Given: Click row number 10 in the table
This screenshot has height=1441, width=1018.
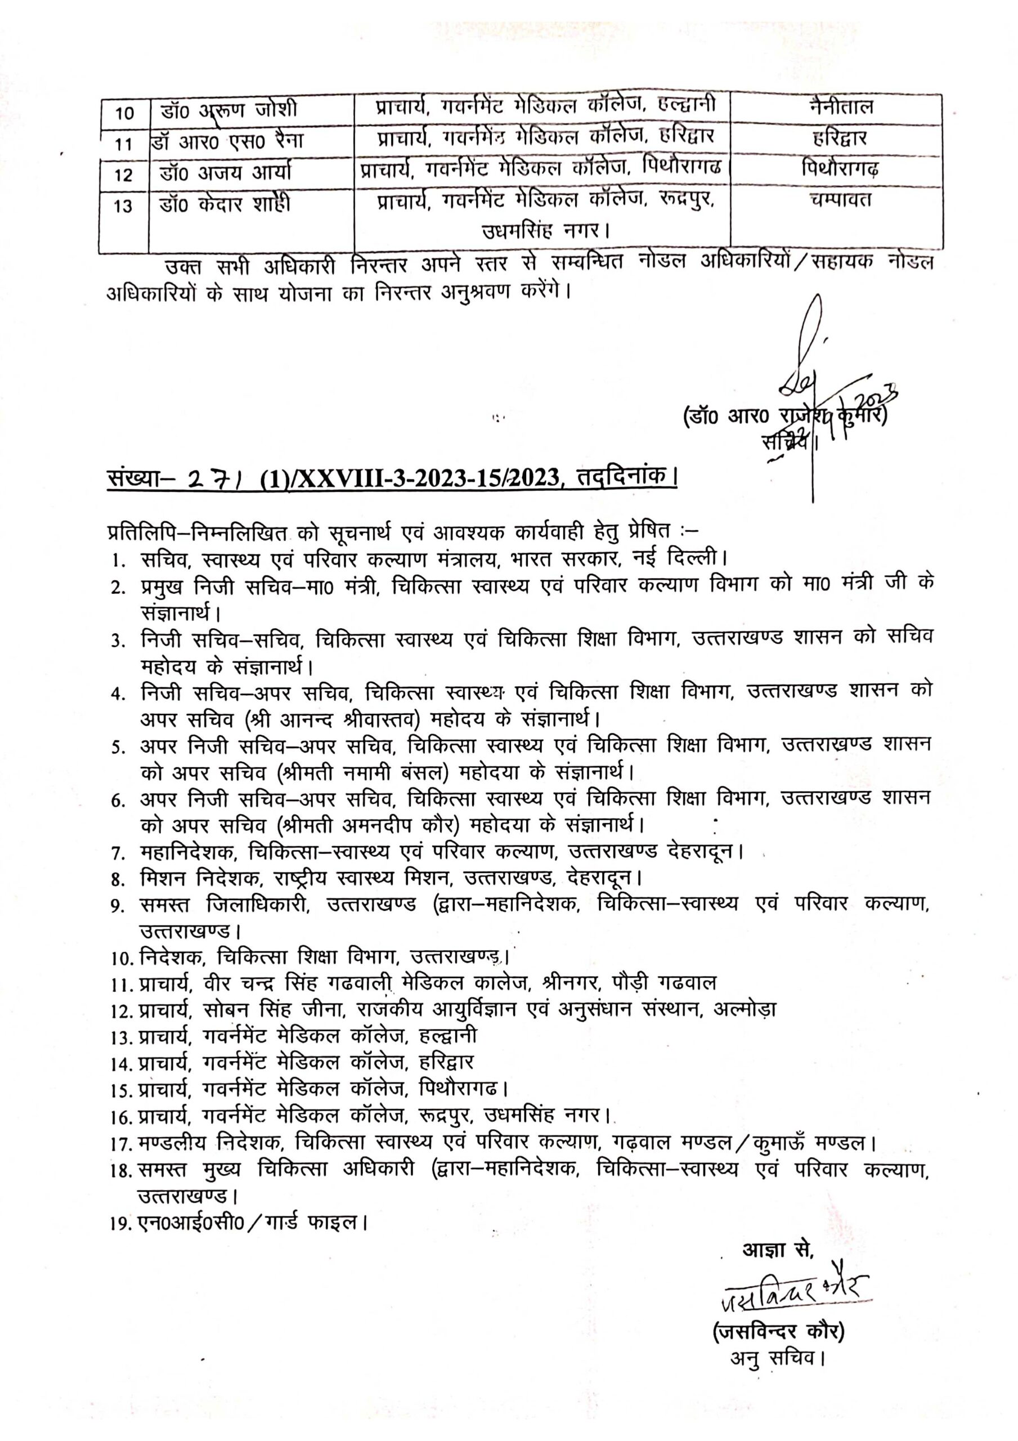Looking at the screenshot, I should coord(125,114).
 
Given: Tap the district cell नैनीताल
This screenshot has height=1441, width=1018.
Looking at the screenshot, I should coord(840,108).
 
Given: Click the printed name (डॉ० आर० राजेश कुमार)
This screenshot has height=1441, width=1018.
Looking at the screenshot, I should coord(784,417).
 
